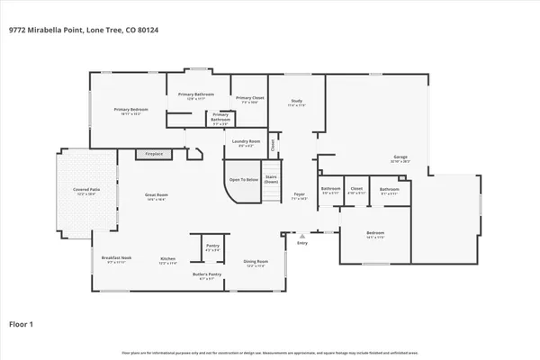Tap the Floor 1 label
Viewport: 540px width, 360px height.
(22, 323)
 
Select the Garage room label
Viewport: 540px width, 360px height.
(400, 158)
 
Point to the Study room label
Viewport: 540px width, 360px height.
(296, 103)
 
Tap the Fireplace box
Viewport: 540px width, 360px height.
(155, 154)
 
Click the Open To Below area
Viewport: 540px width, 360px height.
(242, 179)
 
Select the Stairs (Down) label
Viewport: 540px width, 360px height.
(271, 179)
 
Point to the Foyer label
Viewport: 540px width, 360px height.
(300, 195)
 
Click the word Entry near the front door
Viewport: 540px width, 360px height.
(302, 242)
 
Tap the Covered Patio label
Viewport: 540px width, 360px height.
(85, 191)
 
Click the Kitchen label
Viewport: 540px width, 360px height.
(167, 261)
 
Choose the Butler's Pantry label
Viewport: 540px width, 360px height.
(207, 275)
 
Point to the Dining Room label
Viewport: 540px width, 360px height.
(256, 263)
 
